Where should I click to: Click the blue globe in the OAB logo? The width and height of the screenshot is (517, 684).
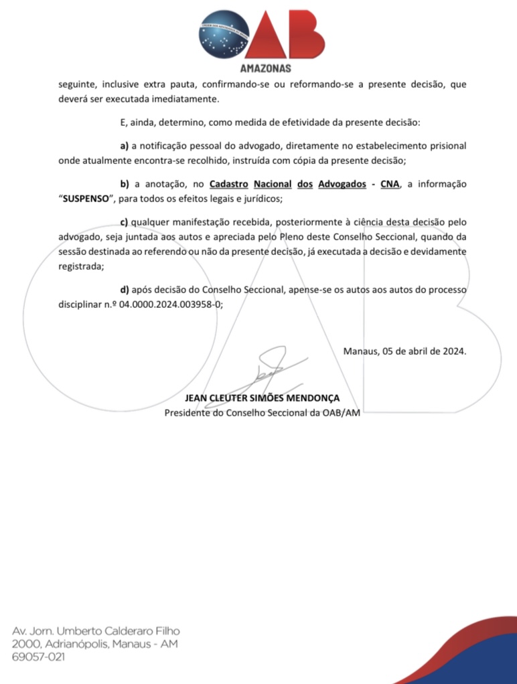point(224,32)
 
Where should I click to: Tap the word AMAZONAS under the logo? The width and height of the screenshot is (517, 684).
point(265,68)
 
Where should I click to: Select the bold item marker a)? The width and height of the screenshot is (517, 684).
point(124,145)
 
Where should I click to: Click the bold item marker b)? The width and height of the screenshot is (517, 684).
point(124,183)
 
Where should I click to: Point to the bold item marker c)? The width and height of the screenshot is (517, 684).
point(124,222)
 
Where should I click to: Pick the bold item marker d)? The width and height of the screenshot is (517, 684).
point(124,290)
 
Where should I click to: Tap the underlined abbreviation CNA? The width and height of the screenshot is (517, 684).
point(389,183)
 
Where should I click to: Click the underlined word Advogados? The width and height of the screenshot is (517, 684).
point(341,183)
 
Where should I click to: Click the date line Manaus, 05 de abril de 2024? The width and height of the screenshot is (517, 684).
point(404,350)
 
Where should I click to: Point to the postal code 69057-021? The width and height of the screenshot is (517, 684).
point(38,658)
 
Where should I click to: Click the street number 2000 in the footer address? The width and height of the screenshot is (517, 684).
point(25,645)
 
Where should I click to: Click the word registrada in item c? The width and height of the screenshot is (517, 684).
point(75,265)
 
